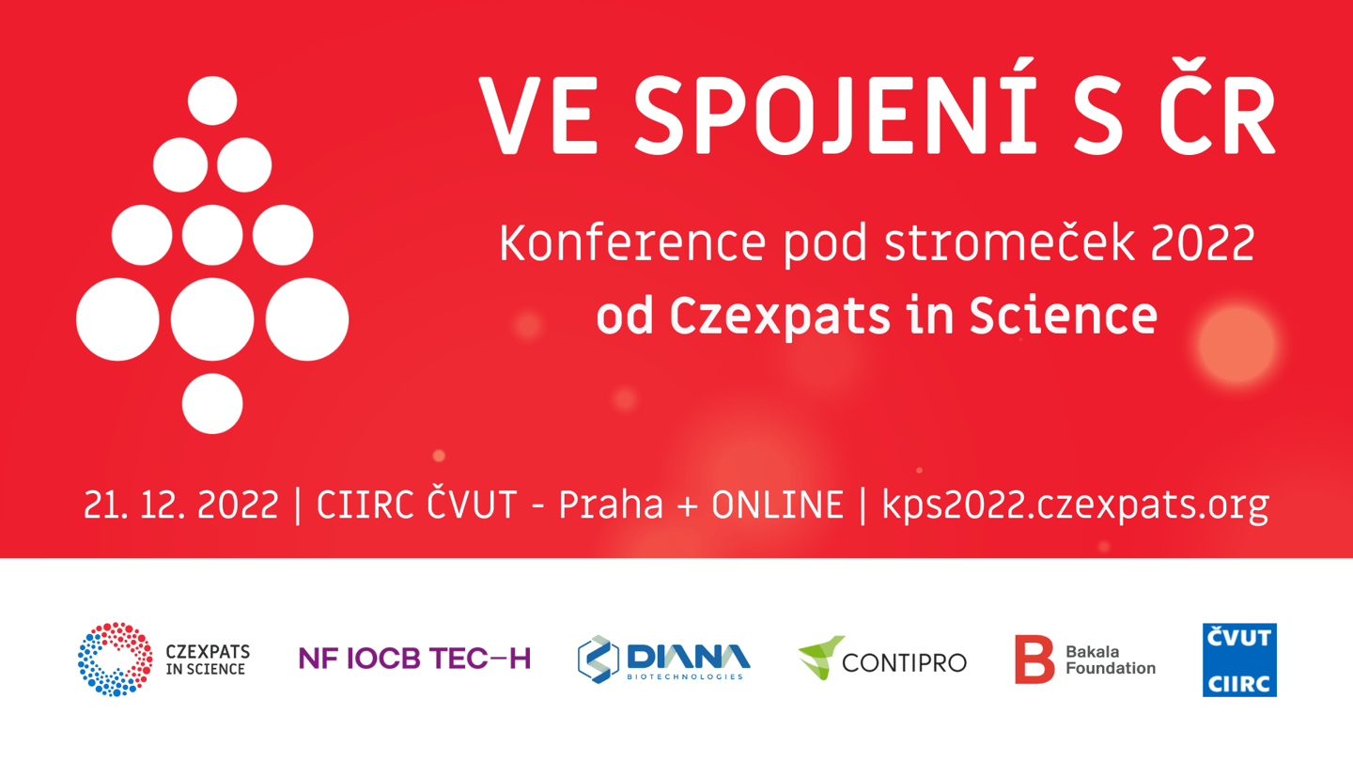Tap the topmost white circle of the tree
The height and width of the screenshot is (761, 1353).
[212, 101]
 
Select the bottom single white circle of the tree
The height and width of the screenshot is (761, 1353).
[212, 403]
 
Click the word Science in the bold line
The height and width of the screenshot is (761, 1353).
[1064, 316]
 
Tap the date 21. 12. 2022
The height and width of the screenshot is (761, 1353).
[180, 505]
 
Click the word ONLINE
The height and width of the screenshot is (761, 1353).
[777, 505]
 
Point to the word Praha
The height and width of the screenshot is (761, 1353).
[611, 505]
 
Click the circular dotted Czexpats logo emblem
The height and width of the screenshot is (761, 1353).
[115, 660]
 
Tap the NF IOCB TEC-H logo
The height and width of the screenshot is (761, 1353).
[415, 659]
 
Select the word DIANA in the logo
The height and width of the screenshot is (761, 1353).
[689, 657]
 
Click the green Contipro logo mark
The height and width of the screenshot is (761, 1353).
[821, 658]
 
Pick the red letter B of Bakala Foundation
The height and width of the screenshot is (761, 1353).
[1034, 660]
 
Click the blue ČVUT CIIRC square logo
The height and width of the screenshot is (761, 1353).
[1239, 660]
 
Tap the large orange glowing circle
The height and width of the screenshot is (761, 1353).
[1236, 345]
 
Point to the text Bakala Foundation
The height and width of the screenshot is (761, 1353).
[1111, 660]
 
